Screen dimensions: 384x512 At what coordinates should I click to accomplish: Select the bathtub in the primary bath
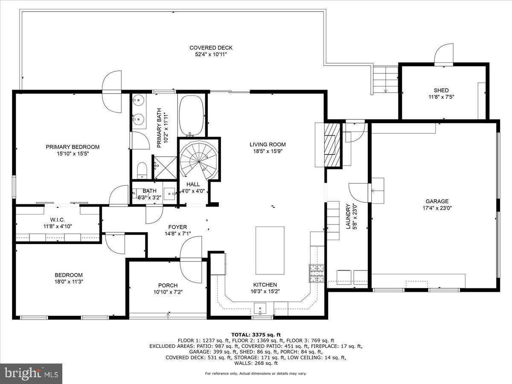pyautogui.click(x=192, y=115)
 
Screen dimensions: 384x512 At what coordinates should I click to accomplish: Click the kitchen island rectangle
pyautogui.click(x=270, y=250)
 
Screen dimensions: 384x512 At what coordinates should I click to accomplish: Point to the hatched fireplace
pyautogui.click(x=332, y=145)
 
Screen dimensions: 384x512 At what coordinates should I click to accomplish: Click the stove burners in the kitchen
pyautogui.click(x=316, y=273)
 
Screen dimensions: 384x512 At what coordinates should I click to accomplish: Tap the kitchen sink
pyautogui.click(x=259, y=308)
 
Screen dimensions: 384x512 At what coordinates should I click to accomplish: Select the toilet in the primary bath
pyautogui.click(x=142, y=171)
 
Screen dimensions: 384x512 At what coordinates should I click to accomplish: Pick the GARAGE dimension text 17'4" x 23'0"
pyautogui.click(x=436, y=208)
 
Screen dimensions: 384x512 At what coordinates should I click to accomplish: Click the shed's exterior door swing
pyautogui.click(x=444, y=54)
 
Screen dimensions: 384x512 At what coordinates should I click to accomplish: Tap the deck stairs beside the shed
pyautogui.click(x=385, y=80)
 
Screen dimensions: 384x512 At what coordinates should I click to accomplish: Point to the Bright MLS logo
pyautogui.click(x=31, y=374)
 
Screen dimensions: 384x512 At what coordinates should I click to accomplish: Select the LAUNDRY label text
pyautogui.click(x=348, y=216)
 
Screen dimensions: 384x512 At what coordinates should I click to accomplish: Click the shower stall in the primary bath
pyautogui.click(x=164, y=167)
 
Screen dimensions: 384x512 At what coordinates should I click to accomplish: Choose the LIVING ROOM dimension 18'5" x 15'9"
pyautogui.click(x=268, y=151)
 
